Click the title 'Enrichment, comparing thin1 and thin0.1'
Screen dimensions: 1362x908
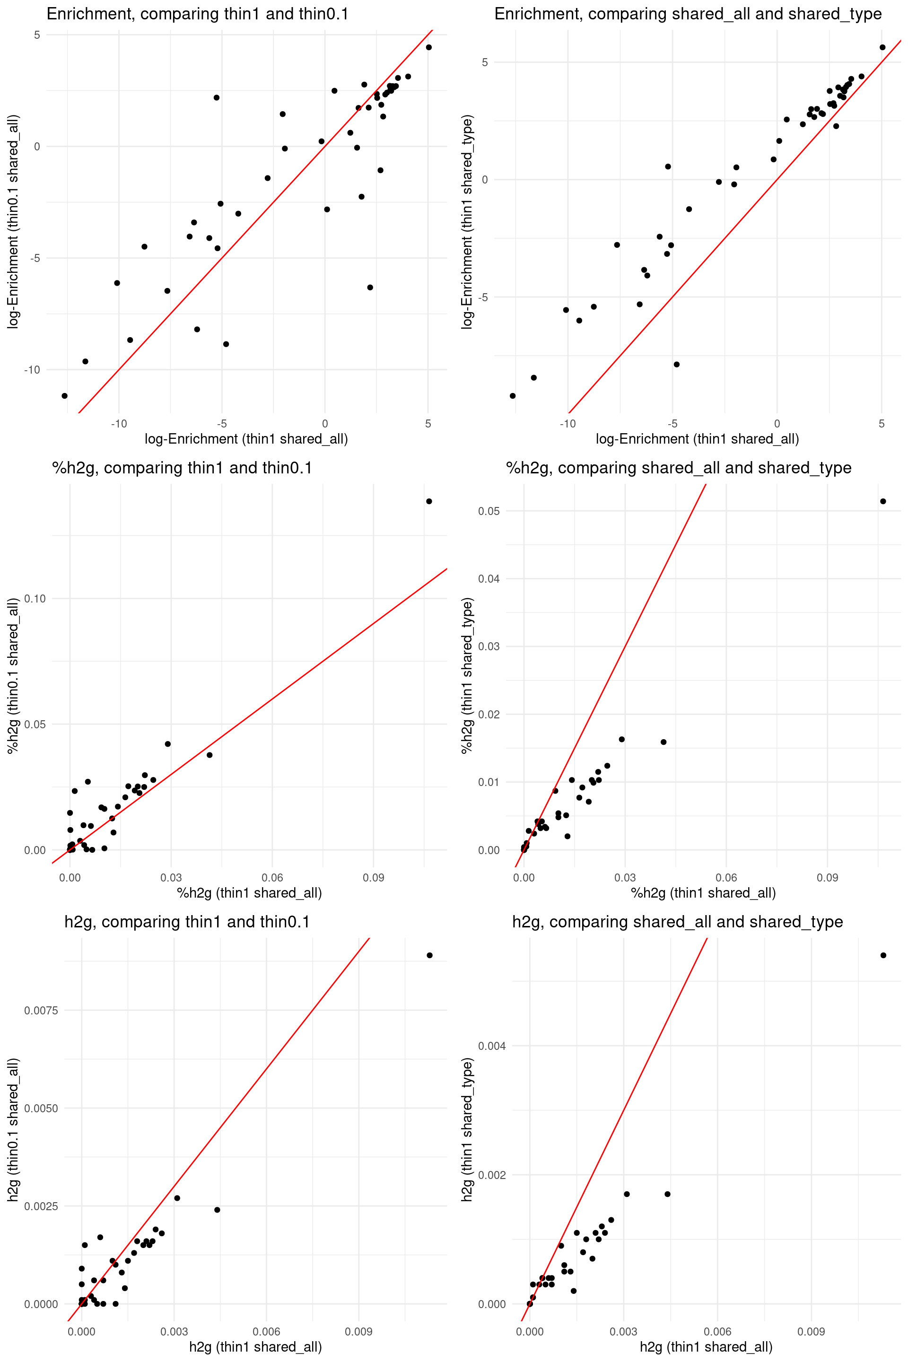click(198, 14)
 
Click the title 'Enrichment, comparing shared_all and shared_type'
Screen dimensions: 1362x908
click(688, 14)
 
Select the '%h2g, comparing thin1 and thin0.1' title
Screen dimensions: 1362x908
click(182, 468)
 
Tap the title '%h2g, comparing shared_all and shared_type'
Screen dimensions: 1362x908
click(679, 468)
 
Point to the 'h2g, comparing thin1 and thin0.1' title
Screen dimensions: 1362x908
click(187, 922)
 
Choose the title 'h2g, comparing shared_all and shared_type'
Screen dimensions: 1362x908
click(678, 922)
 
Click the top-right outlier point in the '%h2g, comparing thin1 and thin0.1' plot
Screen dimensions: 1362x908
click(429, 501)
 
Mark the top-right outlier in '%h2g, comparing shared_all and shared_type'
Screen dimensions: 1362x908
click(883, 501)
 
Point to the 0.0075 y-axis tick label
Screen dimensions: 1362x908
click(41, 1011)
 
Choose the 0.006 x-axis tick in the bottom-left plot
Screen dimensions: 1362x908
click(266, 1331)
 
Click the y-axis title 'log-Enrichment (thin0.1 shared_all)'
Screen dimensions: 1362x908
click(13, 222)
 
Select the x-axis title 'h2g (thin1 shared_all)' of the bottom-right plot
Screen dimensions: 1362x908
click(706, 1347)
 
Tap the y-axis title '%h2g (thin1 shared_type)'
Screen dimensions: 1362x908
click(467, 675)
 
